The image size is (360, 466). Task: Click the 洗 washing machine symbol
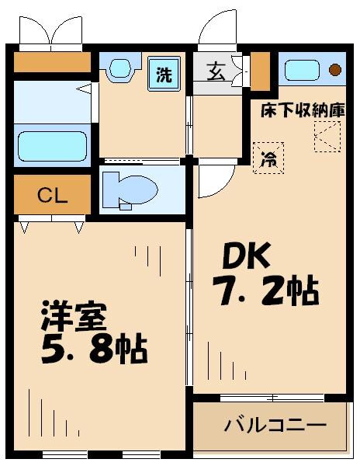point(164,75)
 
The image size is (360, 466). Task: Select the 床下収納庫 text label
point(301,110)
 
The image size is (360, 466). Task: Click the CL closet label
point(52,195)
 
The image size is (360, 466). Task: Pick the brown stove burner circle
point(334,70)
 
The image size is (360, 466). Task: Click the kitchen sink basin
point(301,70)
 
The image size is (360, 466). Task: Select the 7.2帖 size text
point(264,291)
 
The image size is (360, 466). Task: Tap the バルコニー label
point(275,426)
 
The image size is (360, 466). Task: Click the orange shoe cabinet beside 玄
point(260,70)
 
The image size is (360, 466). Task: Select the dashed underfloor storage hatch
point(327,137)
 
